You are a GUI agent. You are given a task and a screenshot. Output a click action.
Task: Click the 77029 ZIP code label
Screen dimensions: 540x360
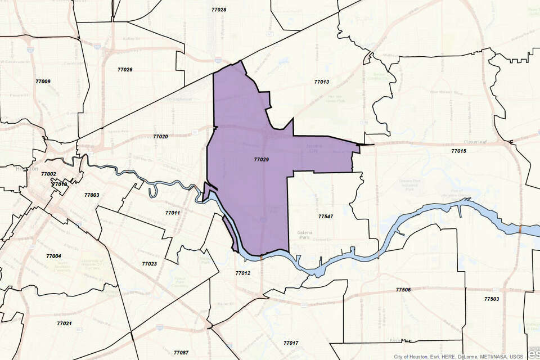[261, 160]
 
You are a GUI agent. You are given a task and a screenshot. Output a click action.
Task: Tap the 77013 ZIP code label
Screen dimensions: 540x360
[321, 82]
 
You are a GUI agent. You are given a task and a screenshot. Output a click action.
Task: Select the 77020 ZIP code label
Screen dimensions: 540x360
[160, 137]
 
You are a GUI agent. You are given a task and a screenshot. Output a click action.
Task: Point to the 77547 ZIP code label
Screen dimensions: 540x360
[326, 216]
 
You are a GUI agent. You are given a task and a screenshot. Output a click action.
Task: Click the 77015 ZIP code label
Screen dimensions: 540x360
[458, 151]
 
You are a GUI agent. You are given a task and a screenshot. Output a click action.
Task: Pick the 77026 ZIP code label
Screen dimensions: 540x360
[125, 70]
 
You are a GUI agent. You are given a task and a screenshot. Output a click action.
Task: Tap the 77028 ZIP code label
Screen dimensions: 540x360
[219, 10]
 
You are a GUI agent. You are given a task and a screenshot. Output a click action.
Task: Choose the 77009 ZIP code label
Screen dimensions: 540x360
[43, 82]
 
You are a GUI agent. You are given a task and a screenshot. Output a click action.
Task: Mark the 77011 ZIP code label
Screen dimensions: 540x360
[173, 213]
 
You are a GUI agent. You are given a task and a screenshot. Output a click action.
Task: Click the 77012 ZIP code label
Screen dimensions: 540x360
[242, 273]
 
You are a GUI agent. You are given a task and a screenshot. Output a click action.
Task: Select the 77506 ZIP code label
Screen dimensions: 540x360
[403, 290]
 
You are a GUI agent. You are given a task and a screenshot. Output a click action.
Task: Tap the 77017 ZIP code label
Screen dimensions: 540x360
[291, 343]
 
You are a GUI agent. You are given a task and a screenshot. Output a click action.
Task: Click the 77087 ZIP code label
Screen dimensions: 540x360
[181, 353]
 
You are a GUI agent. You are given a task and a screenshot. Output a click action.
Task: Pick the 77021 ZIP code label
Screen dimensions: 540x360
[64, 323]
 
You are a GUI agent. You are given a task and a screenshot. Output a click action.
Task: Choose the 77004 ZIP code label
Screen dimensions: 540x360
[53, 256]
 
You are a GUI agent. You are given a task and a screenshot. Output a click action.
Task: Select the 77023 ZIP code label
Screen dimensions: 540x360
[149, 263]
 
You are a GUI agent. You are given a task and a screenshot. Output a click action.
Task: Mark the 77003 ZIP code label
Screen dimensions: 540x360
[92, 195]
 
